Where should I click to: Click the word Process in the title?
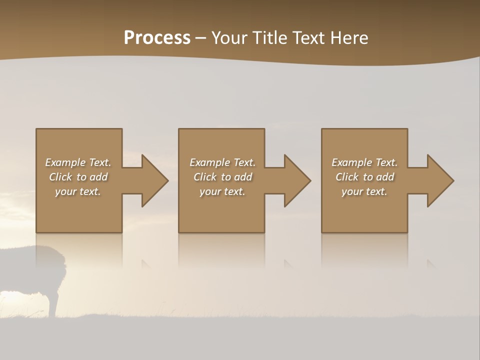pos(157,38)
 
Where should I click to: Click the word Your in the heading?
pos(229,38)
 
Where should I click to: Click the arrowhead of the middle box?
pos(297,180)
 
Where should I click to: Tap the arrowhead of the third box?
pos(440,180)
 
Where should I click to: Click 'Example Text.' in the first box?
pos(78,162)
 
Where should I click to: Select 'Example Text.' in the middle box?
pos(222,162)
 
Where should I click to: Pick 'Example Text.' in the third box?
pos(364,162)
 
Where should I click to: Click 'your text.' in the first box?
pos(78,191)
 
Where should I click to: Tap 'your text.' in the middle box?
pos(222,191)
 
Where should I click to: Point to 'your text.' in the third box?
pos(364,191)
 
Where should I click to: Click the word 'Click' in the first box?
pos(60,177)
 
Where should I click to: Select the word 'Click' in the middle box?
pos(205,177)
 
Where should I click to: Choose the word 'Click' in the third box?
pos(347,177)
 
